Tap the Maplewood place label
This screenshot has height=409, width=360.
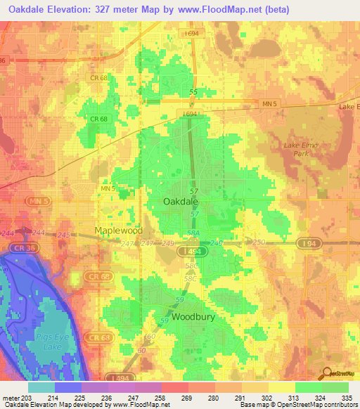point(119,231)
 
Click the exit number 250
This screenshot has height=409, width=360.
point(259,242)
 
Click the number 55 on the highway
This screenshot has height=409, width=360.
point(194,92)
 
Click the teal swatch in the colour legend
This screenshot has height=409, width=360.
point(41,387)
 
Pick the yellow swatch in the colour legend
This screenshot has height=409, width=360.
point(281,387)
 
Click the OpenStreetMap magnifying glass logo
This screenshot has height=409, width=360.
point(327,373)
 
